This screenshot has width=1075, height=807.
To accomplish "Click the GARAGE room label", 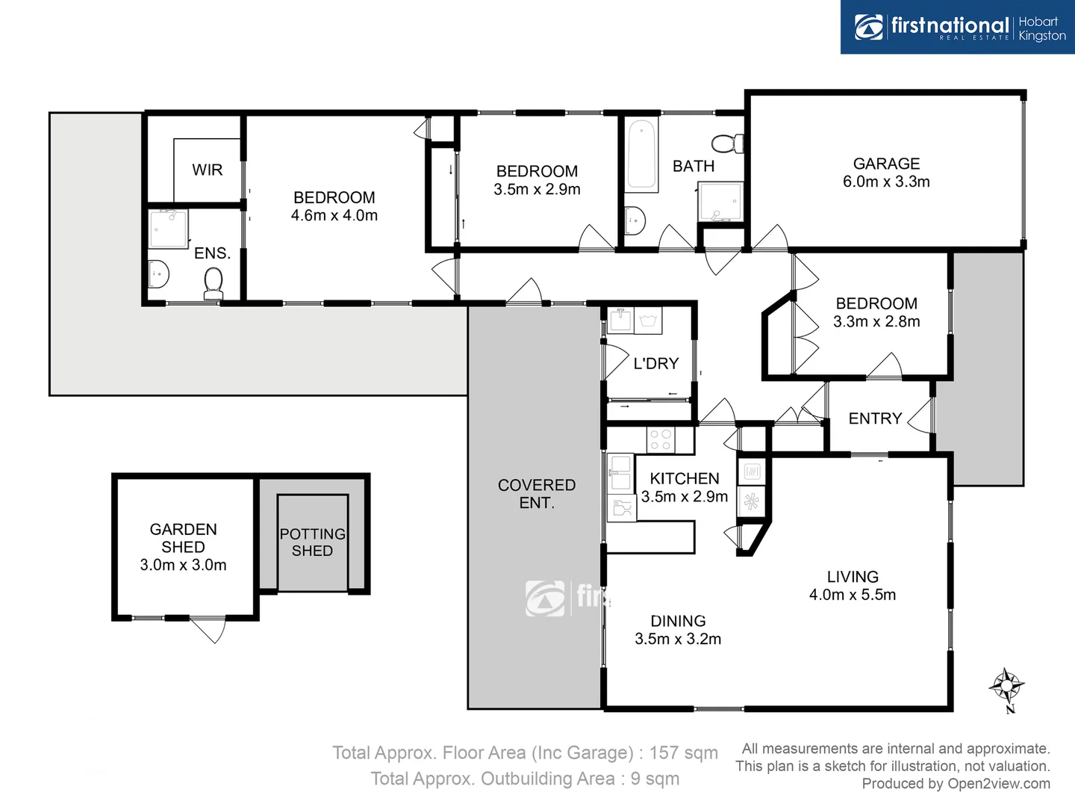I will tap(886, 164).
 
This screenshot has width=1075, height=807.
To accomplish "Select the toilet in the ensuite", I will tap(214, 284).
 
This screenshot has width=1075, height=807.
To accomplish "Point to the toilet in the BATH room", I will tap(727, 143).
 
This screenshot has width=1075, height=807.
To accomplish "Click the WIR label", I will tap(207, 170).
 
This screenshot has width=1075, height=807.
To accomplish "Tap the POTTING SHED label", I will tap(312, 542).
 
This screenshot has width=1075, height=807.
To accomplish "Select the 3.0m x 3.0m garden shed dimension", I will tap(183, 566).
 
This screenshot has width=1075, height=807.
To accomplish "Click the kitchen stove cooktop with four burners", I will tap(660, 439).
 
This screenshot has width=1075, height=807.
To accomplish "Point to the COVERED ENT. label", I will tap(537, 494).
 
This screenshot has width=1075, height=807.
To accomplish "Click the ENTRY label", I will tap(875, 418).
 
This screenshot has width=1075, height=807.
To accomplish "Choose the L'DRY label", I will tap(655, 364).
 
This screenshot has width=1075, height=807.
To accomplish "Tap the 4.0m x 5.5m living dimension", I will tap(853, 596).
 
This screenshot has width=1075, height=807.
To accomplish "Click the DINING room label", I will tap(678, 621).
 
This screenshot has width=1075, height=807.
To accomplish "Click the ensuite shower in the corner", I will tap(169, 229).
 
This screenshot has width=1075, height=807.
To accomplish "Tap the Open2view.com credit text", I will tap(998, 784).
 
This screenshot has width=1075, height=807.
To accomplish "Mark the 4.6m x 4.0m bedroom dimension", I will tap(334, 216).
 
